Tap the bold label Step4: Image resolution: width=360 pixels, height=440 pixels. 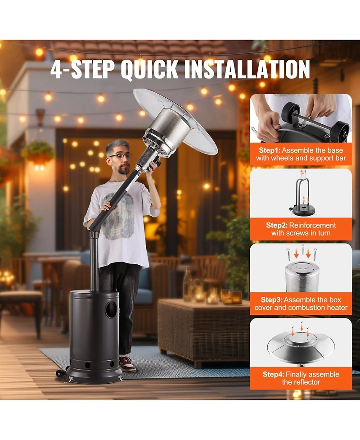click(x=273, y=374)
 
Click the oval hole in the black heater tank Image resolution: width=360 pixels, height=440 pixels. click(x=111, y=310)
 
